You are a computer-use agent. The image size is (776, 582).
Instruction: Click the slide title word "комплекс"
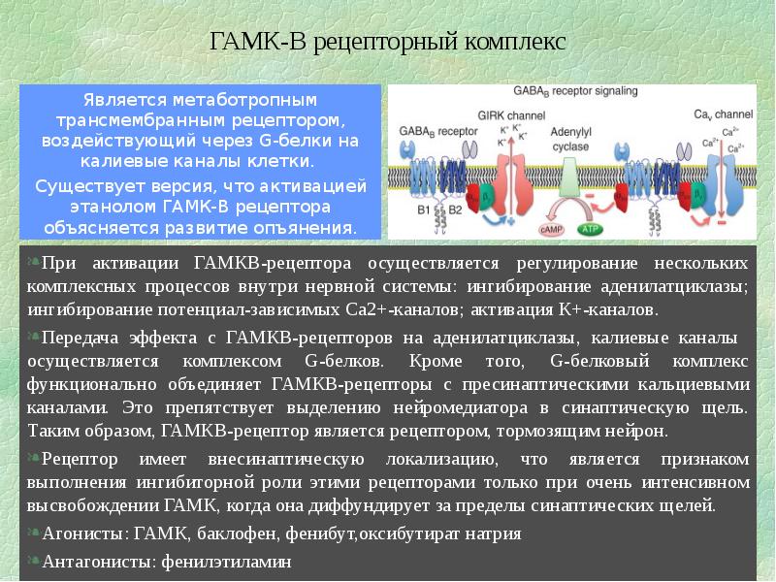tap(512, 44)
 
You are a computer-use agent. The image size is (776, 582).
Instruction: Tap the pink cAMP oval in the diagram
tap(548, 229)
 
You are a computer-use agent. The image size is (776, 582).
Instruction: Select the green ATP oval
tap(589, 230)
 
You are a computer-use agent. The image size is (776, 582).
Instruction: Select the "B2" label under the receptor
tap(454, 208)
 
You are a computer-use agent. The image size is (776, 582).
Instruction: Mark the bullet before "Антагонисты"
tap(35, 561)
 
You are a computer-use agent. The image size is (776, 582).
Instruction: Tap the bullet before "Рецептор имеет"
tap(35, 458)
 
